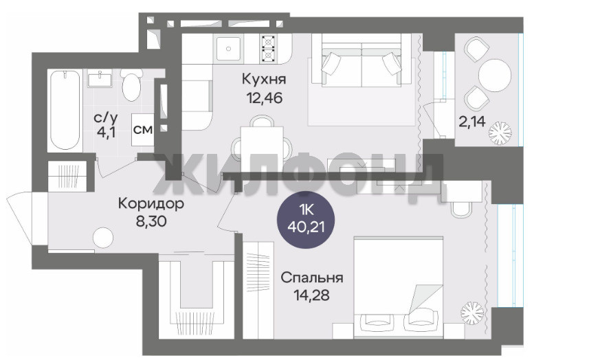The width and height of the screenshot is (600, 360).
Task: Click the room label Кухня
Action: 264,80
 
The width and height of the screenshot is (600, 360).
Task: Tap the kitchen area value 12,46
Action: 265,98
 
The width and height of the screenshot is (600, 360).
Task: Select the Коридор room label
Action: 151,203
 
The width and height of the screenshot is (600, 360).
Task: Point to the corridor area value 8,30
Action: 151,221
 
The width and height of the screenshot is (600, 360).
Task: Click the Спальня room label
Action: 312,278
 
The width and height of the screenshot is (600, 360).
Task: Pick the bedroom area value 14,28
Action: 312,295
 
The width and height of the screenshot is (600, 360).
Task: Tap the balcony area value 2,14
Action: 472,122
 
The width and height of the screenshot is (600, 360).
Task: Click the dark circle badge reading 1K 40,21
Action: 306,220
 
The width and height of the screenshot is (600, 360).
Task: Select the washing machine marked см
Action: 143,129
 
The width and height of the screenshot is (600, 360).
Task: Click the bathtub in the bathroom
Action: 65,109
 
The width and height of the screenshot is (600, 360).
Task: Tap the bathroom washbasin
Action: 100,78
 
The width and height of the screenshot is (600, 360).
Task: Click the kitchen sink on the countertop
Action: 229,49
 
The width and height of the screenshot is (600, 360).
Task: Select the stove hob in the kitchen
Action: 268,49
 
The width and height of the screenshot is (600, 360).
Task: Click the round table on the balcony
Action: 495,75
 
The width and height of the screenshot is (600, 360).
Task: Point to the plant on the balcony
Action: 500,133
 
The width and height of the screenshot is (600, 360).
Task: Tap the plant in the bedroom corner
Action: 472,313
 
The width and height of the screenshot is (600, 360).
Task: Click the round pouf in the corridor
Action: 103,238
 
